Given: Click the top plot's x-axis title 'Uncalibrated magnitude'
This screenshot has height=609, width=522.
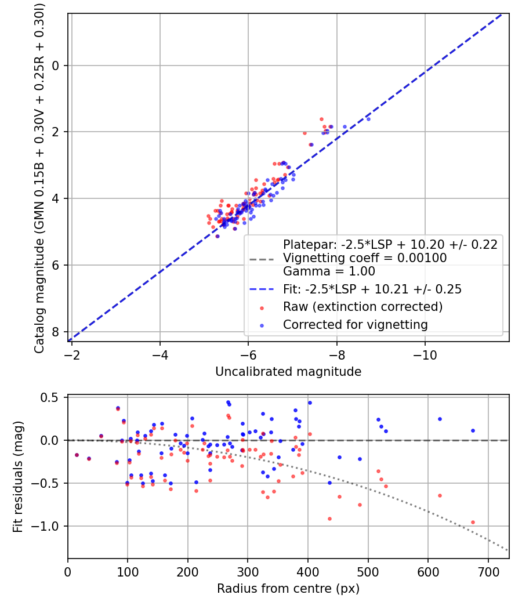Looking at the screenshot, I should (288, 372).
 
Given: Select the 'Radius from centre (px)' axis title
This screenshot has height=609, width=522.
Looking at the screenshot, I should (288, 589).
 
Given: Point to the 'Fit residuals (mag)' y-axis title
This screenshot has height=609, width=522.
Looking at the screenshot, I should (18, 477).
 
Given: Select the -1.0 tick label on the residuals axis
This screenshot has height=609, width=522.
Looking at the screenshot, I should (50, 526).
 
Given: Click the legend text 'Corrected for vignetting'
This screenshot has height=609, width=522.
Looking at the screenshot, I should (355, 325).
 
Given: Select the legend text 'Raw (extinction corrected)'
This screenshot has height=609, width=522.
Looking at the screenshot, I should (362, 306).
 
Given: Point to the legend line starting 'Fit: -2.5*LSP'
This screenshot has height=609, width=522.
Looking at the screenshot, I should (372, 289).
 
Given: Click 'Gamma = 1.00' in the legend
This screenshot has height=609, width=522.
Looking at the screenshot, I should (329, 271).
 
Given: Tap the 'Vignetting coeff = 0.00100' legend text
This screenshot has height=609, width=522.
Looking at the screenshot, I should (365, 258).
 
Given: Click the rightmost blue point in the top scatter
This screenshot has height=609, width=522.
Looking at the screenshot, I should (368, 119).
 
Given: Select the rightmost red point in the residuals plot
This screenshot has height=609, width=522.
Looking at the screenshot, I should (473, 522).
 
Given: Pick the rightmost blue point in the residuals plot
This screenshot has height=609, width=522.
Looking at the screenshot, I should (473, 430).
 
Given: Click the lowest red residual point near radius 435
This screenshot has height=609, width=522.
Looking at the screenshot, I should (329, 519).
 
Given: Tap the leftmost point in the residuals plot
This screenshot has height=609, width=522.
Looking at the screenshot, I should (77, 455).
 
